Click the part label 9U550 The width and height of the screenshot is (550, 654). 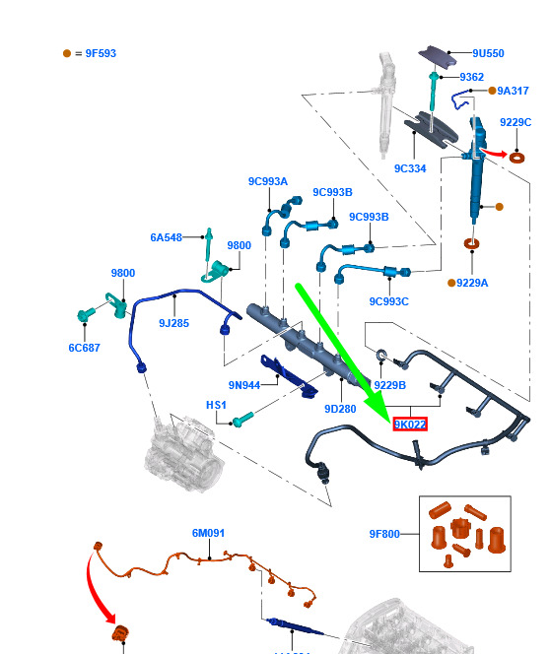488,53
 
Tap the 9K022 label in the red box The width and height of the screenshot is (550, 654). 410,425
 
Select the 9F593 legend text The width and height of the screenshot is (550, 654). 101,53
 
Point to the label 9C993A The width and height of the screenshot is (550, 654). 268,181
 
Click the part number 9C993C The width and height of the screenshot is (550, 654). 389,301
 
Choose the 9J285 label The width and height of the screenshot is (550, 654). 174,323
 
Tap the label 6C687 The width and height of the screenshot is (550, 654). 85,348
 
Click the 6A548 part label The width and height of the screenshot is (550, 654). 167,237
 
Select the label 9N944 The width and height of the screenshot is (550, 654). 244,385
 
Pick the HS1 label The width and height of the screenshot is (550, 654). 216,405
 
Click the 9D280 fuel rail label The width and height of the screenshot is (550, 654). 340,409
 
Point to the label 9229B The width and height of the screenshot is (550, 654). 389,385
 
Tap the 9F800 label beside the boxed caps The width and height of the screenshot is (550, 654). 384,534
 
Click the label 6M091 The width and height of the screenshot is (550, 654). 208,533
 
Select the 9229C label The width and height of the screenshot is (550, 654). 516,122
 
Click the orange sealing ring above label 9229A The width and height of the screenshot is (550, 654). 471,243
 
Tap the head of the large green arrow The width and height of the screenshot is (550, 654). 378,408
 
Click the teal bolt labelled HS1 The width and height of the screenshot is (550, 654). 242,420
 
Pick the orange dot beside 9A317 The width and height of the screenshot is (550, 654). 492,91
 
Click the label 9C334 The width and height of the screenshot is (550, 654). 410,168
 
